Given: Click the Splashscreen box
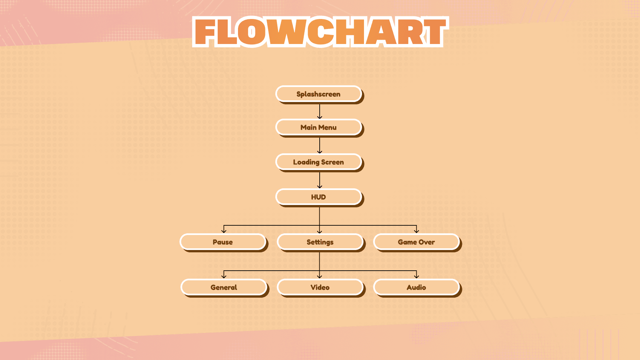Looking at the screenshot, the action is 319,94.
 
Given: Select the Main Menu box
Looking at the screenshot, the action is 319,127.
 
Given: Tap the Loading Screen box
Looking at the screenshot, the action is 319,162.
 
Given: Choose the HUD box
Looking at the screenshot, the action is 319,197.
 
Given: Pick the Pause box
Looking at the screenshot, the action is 223,242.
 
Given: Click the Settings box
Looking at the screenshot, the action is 320,242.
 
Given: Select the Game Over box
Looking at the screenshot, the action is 416,242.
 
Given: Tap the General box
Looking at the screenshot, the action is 224,287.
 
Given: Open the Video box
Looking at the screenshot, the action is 320,287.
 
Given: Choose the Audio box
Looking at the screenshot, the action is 416,287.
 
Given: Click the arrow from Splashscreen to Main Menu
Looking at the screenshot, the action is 320,111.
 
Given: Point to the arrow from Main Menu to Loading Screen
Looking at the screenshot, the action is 320,145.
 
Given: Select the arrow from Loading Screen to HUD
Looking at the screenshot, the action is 320,180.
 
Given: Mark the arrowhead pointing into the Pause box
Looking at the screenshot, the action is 224,231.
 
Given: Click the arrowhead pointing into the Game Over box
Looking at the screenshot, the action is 416,231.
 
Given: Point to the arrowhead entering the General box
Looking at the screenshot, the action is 224,276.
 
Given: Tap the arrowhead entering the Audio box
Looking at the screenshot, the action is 416,276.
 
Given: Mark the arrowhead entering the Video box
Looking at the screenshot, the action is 320,276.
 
